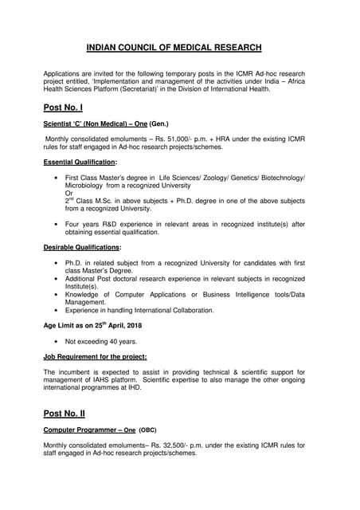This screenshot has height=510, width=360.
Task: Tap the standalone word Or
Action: click(69, 192)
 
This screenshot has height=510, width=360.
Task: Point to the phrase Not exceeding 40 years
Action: click(101, 341)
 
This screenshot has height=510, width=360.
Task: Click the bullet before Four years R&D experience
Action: click(53, 224)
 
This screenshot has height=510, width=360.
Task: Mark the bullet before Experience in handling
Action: click(53, 310)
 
